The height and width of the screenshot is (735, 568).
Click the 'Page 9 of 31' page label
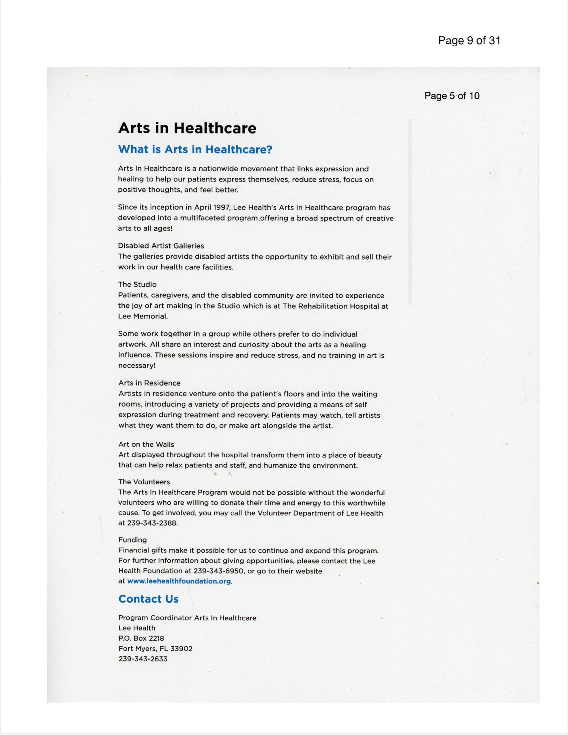coord(469,41)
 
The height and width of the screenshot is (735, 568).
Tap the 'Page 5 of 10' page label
coord(452,96)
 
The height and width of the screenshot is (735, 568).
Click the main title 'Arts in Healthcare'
coord(187,128)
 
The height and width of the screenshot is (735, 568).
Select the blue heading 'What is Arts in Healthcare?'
coord(195,149)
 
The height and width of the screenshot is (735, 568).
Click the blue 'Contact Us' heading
coord(148,599)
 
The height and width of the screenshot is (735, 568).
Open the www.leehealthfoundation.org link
coord(179,581)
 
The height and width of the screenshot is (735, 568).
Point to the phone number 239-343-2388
coord(152,523)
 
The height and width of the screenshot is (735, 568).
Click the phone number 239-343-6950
coord(218,571)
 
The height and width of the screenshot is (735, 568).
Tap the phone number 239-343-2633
coord(143,659)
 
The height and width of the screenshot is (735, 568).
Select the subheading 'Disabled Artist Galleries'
coord(161,246)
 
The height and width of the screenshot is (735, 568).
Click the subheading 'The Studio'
coord(137,284)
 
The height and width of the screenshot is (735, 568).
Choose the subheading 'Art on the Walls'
coord(146,444)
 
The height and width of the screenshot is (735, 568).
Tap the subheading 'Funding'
coord(133,540)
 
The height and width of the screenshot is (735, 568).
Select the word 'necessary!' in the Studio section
coord(137,365)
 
